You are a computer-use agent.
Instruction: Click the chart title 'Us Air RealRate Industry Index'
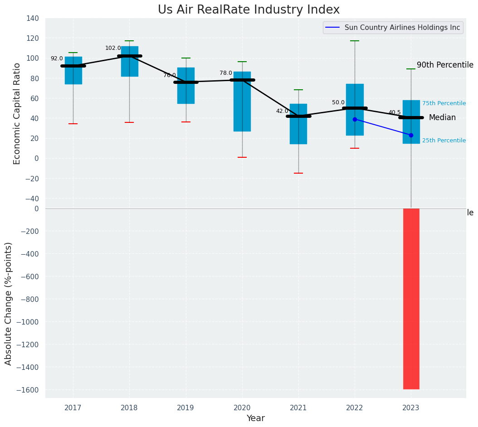point(249,10)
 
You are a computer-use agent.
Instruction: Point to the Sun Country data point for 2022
point(355,119)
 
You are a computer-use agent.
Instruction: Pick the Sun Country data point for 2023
point(411,135)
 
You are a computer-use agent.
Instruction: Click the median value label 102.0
point(113,48)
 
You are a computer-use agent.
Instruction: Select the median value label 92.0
point(57,58)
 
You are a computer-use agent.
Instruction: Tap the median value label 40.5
point(395,112)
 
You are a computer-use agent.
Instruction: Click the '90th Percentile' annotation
point(445,65)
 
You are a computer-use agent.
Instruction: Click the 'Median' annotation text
point(442,118)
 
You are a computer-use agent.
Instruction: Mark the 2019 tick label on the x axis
point(185,408)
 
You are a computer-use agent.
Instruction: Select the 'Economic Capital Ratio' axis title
point(17,113)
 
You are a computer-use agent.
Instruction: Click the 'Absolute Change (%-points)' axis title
point(9,303)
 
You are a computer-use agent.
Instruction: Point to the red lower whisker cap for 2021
point(298,173)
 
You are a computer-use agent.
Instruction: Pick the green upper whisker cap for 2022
point(355,41)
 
